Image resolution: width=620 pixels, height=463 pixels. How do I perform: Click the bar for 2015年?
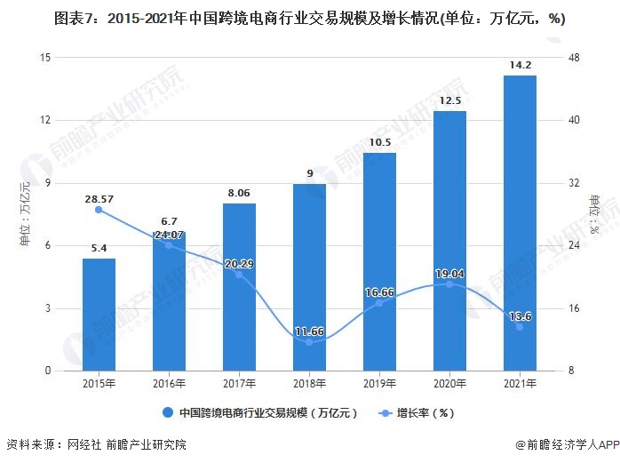click(99, 315)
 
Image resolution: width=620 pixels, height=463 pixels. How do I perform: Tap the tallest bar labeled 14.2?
click(520, 222)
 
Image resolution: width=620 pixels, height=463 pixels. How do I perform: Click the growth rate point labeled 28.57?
click(99, 210)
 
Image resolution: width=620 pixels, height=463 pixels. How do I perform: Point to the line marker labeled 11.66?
click(309, 342)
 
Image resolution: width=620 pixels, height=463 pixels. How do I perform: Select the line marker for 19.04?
click(449, 283)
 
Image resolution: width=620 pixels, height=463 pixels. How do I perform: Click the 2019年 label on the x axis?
click(379, 385)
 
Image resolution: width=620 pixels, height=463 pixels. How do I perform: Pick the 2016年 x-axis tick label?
click(169, 385)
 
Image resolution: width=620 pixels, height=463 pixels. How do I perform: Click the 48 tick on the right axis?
click(574, 58)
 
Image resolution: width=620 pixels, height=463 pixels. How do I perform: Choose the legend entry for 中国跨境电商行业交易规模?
click(258, 413)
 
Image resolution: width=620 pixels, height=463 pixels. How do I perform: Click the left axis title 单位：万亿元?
click(25, 213)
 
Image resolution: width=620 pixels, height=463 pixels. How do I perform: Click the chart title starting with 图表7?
click(310, 18)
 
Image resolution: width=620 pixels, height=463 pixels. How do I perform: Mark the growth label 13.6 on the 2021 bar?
click(520, 316)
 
